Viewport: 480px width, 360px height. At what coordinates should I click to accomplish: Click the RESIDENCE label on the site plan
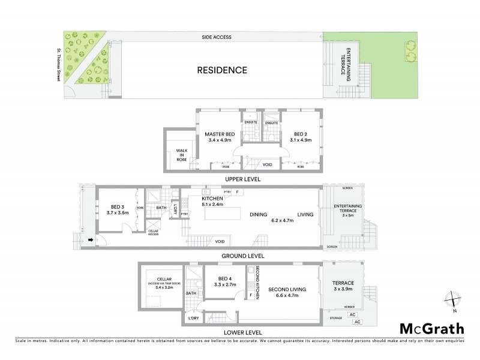(222, 70)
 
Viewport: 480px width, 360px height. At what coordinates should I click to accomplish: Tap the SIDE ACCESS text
(217, 37)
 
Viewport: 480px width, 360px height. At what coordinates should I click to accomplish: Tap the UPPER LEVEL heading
(242, 179)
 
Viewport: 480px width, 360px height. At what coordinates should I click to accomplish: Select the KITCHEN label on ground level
(212, 198)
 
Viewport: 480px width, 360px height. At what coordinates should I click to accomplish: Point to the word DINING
(259, 214)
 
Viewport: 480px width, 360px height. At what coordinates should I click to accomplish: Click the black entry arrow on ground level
(91, 240)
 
